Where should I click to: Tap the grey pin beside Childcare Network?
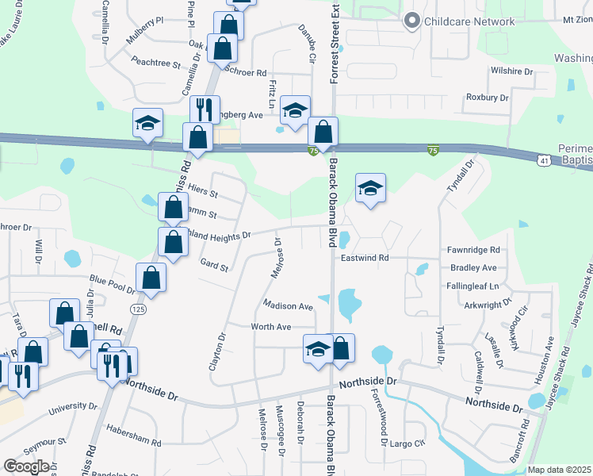(411, 21)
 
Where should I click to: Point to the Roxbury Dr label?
(487, 98)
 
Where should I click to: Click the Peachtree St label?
(156, 61)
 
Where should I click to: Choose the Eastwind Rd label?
(365, 258)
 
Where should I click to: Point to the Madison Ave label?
(288, 305)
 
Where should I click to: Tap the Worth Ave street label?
(271, 327)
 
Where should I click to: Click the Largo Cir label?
(408, 444)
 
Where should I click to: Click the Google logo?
(25, 466)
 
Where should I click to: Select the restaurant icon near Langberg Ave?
(205, 109)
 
